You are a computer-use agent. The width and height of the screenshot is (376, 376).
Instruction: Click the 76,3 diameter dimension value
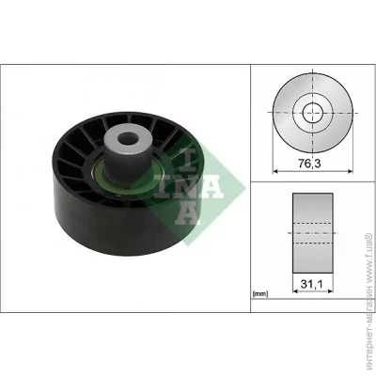(309, 164)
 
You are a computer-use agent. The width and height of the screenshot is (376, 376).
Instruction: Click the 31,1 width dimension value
(311, 284)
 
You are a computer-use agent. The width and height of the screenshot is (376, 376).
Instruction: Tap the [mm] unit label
(260, 294)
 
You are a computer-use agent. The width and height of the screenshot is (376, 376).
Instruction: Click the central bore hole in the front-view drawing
(313, 113)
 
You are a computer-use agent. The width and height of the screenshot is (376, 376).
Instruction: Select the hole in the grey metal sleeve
(128, 138)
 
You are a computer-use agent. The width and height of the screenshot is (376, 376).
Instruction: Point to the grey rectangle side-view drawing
(313, 233)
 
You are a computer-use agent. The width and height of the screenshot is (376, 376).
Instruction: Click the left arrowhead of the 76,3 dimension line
(275, 171)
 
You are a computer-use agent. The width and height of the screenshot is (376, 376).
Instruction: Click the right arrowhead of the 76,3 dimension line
(350, 171)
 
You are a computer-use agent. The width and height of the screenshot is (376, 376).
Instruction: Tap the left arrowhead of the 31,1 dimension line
(295, 291)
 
